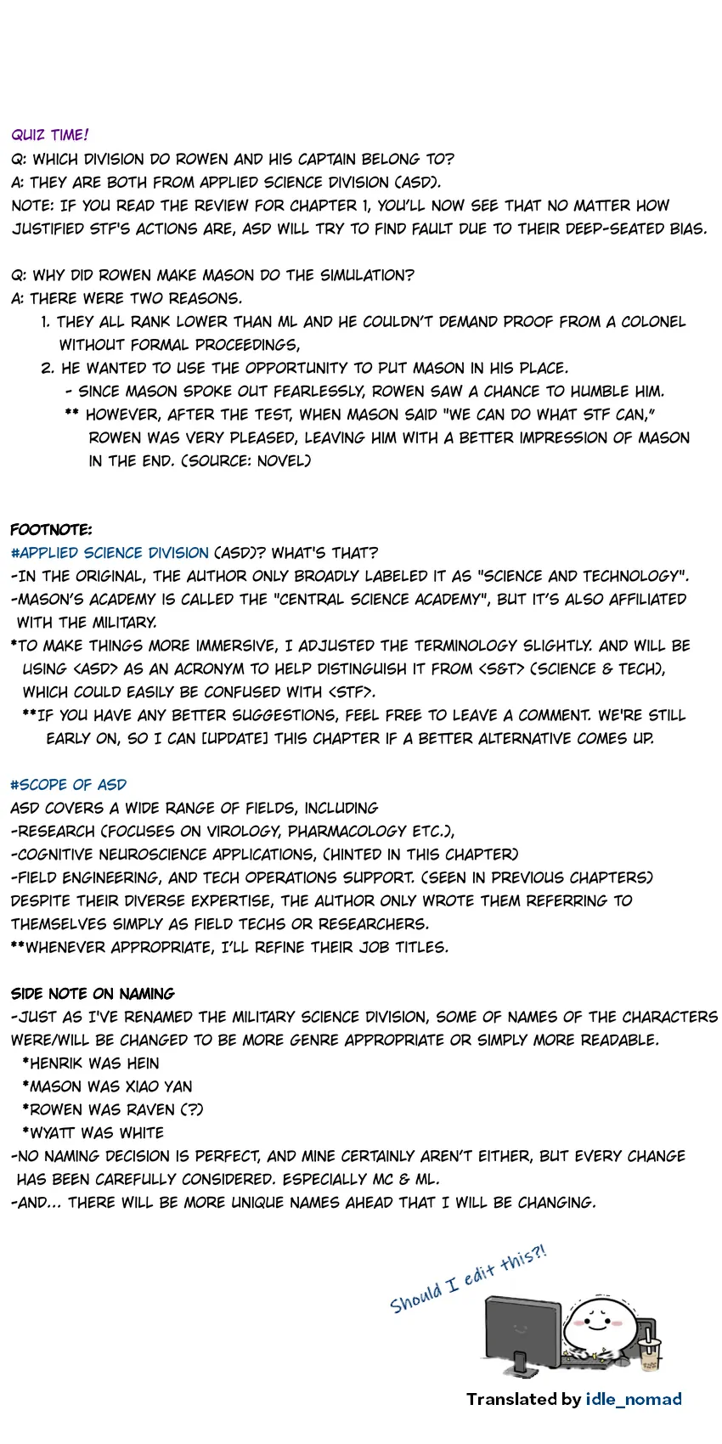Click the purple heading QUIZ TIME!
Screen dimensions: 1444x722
tap(50, 135)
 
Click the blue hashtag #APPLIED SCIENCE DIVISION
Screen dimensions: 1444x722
tap(110, 553)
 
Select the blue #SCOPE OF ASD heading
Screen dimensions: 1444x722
tap(69, 785)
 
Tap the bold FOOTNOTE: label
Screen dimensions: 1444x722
tap(51, 530)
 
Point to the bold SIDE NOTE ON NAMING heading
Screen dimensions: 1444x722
tap(93, 994)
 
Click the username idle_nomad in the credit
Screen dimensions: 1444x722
tap(634, 1399)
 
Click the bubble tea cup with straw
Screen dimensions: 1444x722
tap(651, 1351)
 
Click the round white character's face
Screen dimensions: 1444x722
tap(595, 1322)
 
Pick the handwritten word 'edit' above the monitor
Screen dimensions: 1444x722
tap(480, 1273)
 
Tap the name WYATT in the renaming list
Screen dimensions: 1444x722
tap(54, 1133)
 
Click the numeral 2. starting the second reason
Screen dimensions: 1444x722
tap(48, 368)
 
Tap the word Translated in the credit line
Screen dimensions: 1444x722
tap(512, 1399)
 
